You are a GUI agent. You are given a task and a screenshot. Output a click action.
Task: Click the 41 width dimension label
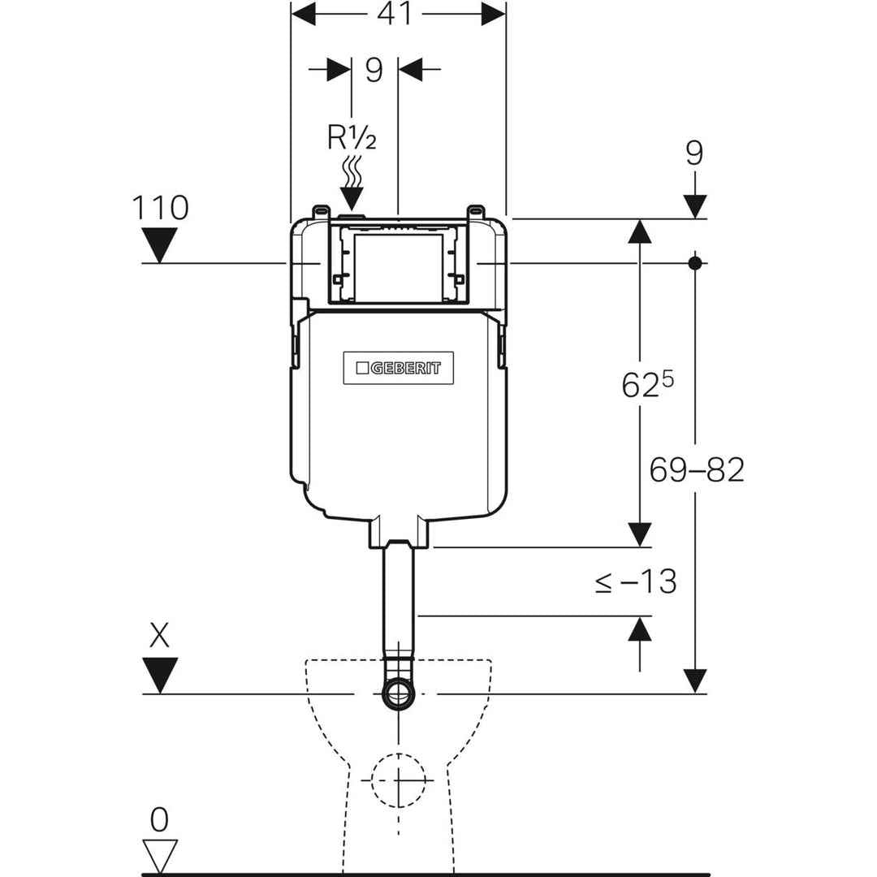coord(398,14)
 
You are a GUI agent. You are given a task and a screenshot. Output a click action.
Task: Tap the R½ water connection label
coord(352,138)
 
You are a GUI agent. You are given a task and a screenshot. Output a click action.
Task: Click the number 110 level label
coord(159,209)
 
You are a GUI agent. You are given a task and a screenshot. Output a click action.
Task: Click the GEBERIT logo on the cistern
coord(398,368)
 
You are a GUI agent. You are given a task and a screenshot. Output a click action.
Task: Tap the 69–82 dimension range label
coord(696,469)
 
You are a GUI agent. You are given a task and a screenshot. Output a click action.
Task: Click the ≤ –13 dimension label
coord(637,581)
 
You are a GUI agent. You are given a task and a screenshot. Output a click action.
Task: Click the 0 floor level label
coord(159,821)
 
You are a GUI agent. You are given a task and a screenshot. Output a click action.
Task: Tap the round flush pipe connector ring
coord(398,693)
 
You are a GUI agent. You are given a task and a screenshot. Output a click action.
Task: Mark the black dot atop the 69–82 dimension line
coord(695,263)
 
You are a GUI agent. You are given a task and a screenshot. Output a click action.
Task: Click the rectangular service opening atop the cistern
coord(398,266)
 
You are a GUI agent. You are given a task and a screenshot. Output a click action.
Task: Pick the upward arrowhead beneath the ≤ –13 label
coord(640,629)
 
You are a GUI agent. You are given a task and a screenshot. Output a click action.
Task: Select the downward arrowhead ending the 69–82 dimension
coord(695,680)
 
